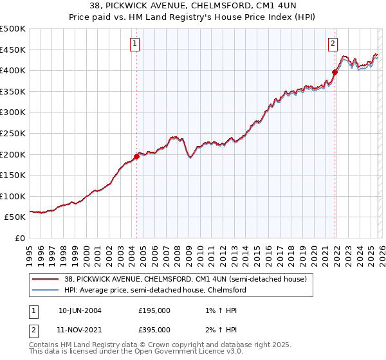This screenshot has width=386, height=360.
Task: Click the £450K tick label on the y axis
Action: tap(12, 50)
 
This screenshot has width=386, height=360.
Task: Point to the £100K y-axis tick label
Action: tap(12, 196)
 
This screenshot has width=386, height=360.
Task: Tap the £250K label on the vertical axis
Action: tap(12, 133)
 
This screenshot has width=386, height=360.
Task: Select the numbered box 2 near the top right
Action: tap(333, 44)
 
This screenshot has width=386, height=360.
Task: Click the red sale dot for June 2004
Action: tap(136, 156)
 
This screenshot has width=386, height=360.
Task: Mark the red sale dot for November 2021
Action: tap(335, 73)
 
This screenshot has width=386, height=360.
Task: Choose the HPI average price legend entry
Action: tap(154, 290)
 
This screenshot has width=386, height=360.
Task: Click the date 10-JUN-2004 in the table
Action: tap(80, 310)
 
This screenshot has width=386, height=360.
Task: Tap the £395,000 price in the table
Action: tap(154, 329)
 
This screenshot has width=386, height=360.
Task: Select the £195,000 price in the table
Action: tap(154, 310)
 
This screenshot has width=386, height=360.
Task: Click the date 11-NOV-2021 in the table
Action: tap(80, 329)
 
